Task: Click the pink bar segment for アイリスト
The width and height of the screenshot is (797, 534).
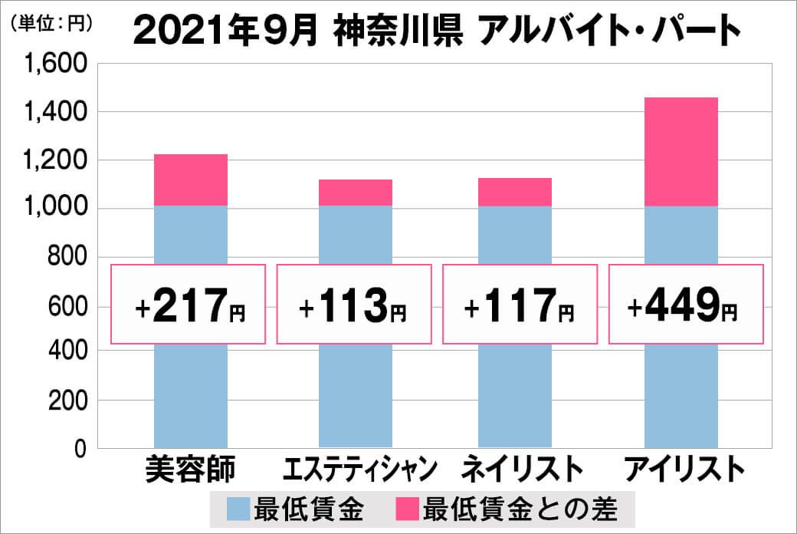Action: [x=681, y=152]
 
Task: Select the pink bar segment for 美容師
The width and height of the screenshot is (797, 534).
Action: [x=191, y=180]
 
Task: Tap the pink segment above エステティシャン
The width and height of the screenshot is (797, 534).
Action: [x=355, y=193]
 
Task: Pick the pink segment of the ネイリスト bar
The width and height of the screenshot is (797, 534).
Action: [x=515, y=192]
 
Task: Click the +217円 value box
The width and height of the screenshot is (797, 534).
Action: [x=189, y=305]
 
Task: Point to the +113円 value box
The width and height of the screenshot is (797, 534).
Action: [x=354, y=305]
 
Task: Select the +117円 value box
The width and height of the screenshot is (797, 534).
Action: [x=520, y=305]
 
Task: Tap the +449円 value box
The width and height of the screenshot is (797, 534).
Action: [x=686, y=305]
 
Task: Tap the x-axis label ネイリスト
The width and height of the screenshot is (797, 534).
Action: [x=516, y=469]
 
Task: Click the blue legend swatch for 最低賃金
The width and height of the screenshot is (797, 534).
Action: [x=239, y=507]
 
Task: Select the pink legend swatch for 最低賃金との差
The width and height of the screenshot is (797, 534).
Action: [x=408, y=507]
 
